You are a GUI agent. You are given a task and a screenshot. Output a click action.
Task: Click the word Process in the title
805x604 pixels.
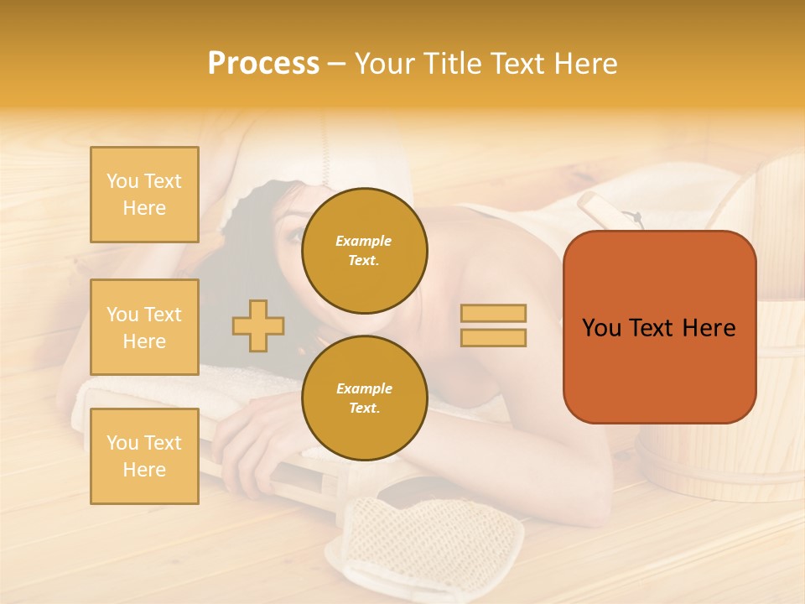click(x=263, y=64)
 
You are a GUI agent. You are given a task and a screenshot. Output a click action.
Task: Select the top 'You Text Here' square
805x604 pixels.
click(x=144, y=195)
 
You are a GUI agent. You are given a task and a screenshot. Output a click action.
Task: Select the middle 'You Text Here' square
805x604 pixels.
click(x=144, y=327)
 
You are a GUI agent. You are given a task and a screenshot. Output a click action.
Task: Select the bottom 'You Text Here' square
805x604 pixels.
click(x=144, y=456)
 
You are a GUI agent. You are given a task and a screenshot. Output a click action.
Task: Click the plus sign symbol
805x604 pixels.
click(x=258, y=325)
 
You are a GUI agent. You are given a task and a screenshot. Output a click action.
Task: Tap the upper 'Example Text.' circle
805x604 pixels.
click(x=364, y=251)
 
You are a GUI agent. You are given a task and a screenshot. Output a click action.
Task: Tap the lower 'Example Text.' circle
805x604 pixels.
click(x=364, y=398)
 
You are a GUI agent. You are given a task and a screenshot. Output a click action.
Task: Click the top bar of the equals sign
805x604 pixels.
click(x=493, y=314)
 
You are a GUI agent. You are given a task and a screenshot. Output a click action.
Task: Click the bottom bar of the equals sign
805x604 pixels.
click(x=493, y=337)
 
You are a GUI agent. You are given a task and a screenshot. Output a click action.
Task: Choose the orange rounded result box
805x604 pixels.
click(x=659, y=327)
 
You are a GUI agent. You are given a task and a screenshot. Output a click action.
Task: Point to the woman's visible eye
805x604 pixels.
click(x=294, y=236)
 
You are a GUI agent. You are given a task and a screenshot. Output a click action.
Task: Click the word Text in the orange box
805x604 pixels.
click(x=657, y=328)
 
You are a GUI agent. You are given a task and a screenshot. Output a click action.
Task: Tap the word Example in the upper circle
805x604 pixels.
click(x=363, y=241)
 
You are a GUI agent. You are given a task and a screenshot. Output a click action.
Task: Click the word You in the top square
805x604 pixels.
click(x=122, y=181)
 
